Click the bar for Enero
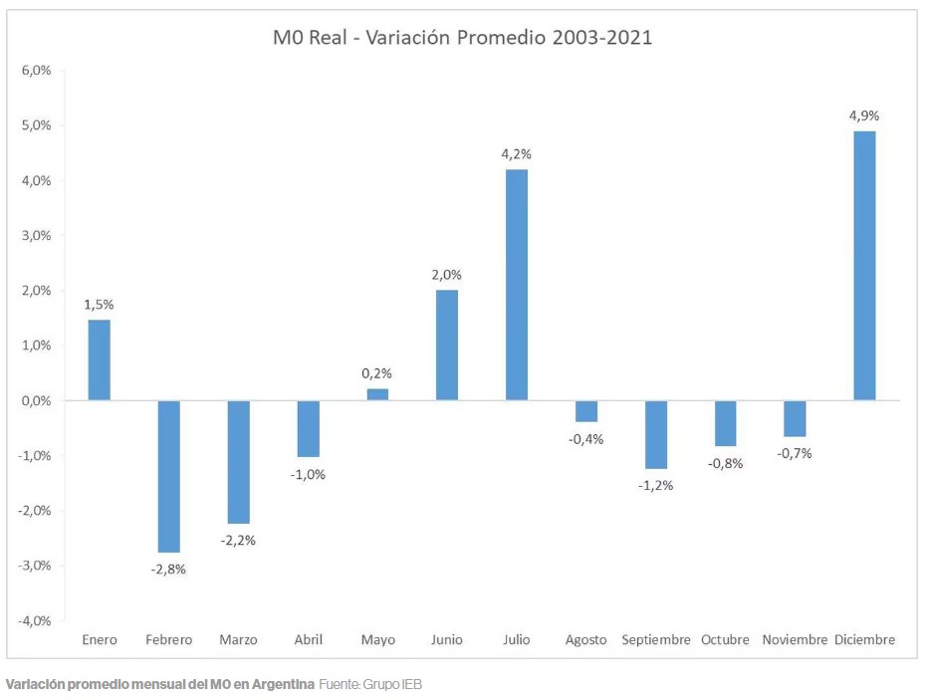(99, 360)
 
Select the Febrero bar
(168, 476)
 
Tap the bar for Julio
(516, 285)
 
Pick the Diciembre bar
(864, 266)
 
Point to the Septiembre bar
(655, 434)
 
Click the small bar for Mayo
(377, 394)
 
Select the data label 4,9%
(864, 116)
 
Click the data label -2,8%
(168, 570)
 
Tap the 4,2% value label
(516, 153)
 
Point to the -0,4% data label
(585, 439)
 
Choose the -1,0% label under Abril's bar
(308, 474)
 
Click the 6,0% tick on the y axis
(36, 71)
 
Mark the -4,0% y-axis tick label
(34, 620)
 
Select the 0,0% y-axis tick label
(36, 400)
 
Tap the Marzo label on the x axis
(238, 639)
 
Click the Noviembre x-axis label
(795, 639)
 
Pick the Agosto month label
(585, 639)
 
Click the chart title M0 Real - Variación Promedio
(462, 38)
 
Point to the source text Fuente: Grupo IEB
(370, 685)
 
